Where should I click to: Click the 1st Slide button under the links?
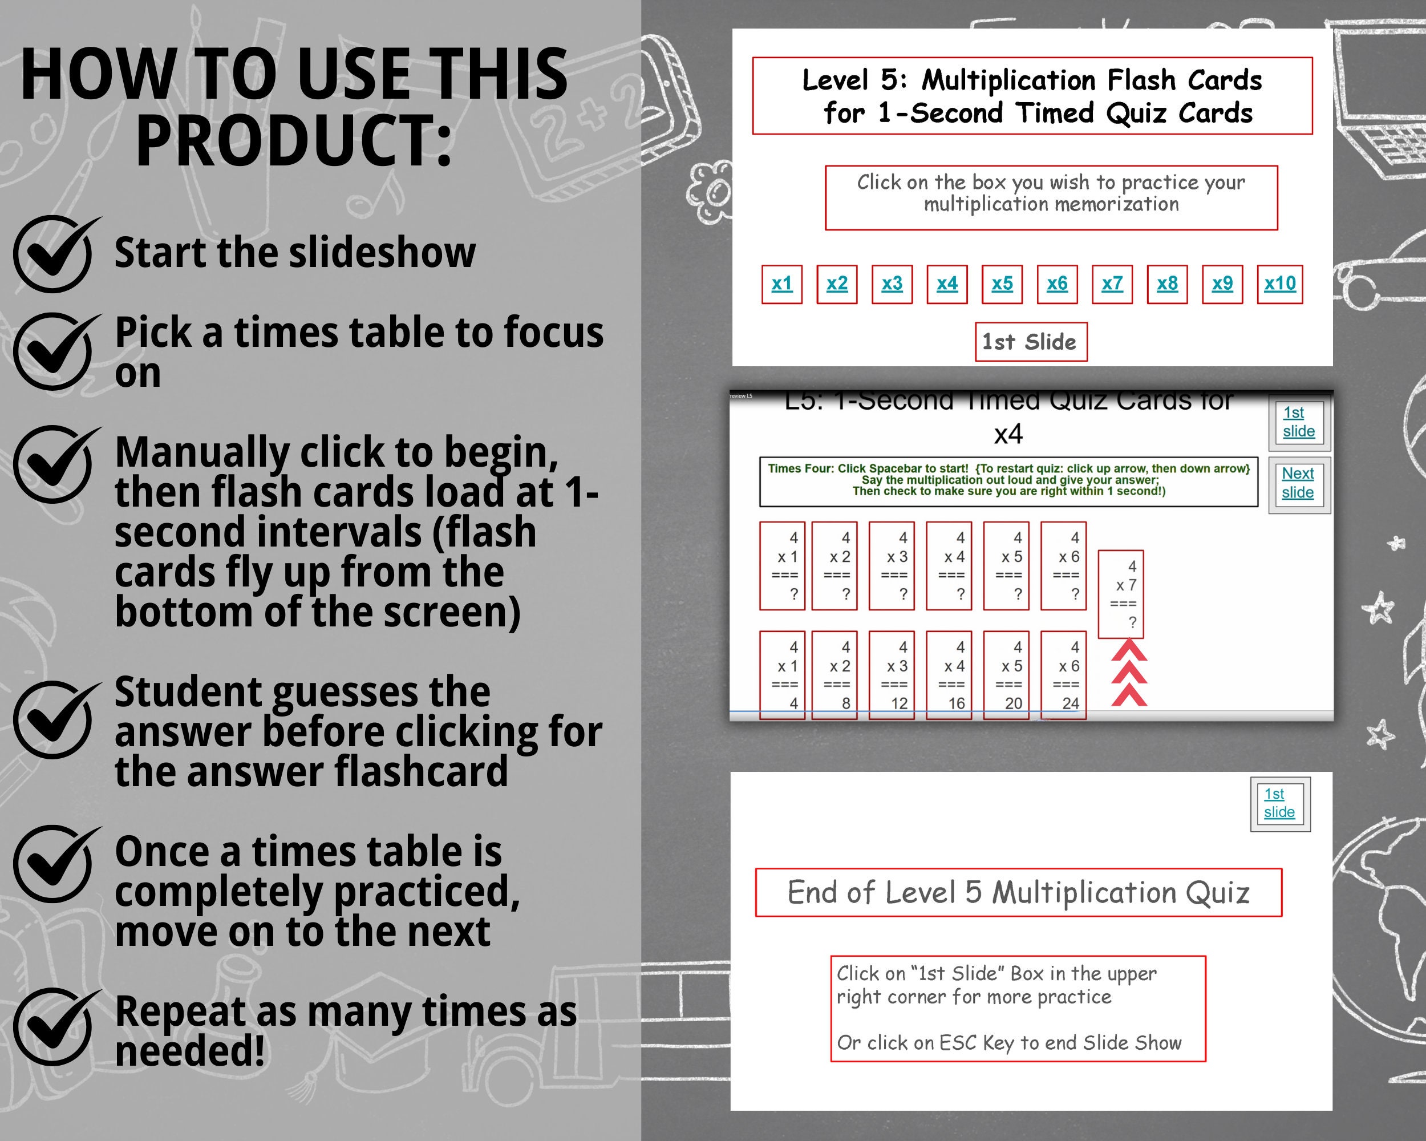[1031, 342]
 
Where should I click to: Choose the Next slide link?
[1298, 483]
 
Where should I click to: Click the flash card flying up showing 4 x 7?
[1120, 594]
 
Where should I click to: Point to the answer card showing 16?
[949, 675]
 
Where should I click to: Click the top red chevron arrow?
[1128, 652]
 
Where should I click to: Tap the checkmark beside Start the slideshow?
[53, 254]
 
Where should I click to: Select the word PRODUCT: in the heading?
[294, 141]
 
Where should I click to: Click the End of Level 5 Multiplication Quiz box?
[1018, 892]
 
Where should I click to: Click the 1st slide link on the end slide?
[1279, 803]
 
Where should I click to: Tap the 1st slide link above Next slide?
[1298, 422]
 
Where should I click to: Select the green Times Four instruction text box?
[1008, 481]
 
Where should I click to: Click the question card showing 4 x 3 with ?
[892, 565]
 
